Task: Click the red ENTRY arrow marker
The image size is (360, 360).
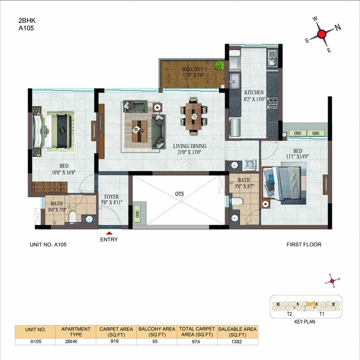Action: (109, 234)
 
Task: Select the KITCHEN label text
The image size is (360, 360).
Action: (254, 93)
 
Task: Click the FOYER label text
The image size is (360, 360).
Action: (112, 197)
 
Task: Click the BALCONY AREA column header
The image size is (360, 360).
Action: (157, 331)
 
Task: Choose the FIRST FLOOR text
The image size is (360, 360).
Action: (304, 245)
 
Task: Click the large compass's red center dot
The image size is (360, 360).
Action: (322, 34)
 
